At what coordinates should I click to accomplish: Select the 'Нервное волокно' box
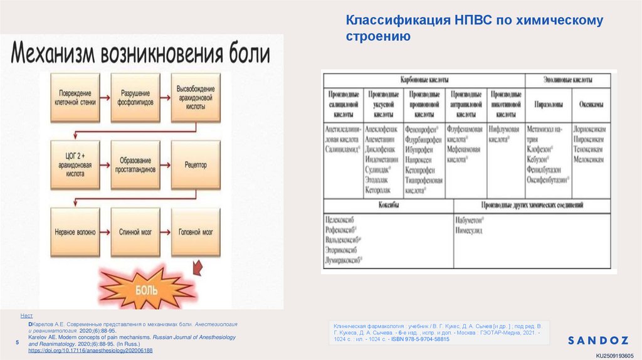coord(73,231)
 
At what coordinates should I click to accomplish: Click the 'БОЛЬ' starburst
coord(145,290)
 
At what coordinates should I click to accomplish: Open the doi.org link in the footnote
coord(90,351)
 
